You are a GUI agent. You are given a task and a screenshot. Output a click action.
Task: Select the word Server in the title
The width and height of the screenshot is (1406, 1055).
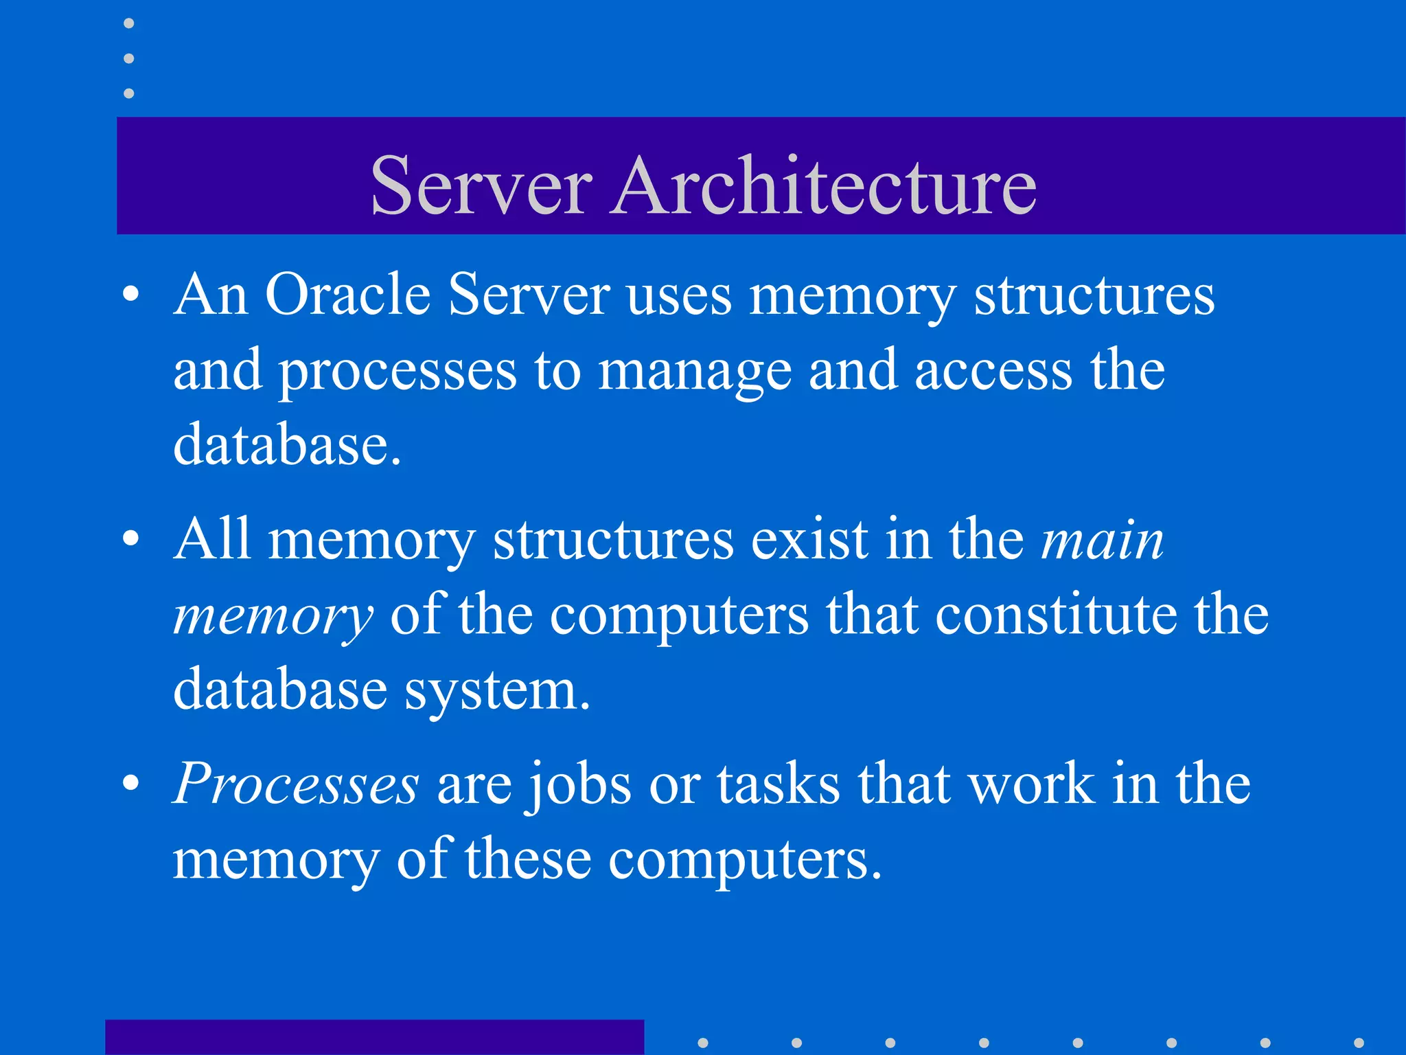(x=481, y=185)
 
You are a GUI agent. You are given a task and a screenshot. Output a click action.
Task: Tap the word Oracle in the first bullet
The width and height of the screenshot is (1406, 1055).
(x=347, y=295)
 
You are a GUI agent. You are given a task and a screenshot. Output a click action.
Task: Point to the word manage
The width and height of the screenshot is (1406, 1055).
(x=694, y=371)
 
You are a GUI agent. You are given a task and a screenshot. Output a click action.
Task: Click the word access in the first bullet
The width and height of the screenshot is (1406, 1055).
(x=993, y=371)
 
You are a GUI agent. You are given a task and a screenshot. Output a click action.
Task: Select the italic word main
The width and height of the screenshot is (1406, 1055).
(x=1103, y=540)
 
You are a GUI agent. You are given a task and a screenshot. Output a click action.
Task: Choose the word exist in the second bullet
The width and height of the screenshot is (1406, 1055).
(x=809, y=540)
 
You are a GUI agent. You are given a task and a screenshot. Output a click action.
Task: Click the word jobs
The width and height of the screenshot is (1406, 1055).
(x=579, y=785)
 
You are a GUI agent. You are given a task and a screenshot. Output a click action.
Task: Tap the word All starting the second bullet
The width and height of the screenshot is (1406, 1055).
(x=212, y=539)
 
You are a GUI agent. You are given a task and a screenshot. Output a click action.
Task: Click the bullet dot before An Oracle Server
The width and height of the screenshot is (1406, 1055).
(x=130, y=296)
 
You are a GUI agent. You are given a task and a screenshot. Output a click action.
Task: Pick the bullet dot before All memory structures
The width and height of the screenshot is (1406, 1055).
(x=130, y=540)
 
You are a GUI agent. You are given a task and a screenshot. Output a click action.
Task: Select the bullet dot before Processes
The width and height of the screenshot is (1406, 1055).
(x=130, y=784)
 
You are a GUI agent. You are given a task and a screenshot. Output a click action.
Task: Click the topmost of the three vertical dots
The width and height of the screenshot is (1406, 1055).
(x=128, y=23)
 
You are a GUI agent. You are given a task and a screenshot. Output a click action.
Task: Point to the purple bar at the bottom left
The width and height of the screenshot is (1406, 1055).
(x=374, y=1037)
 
